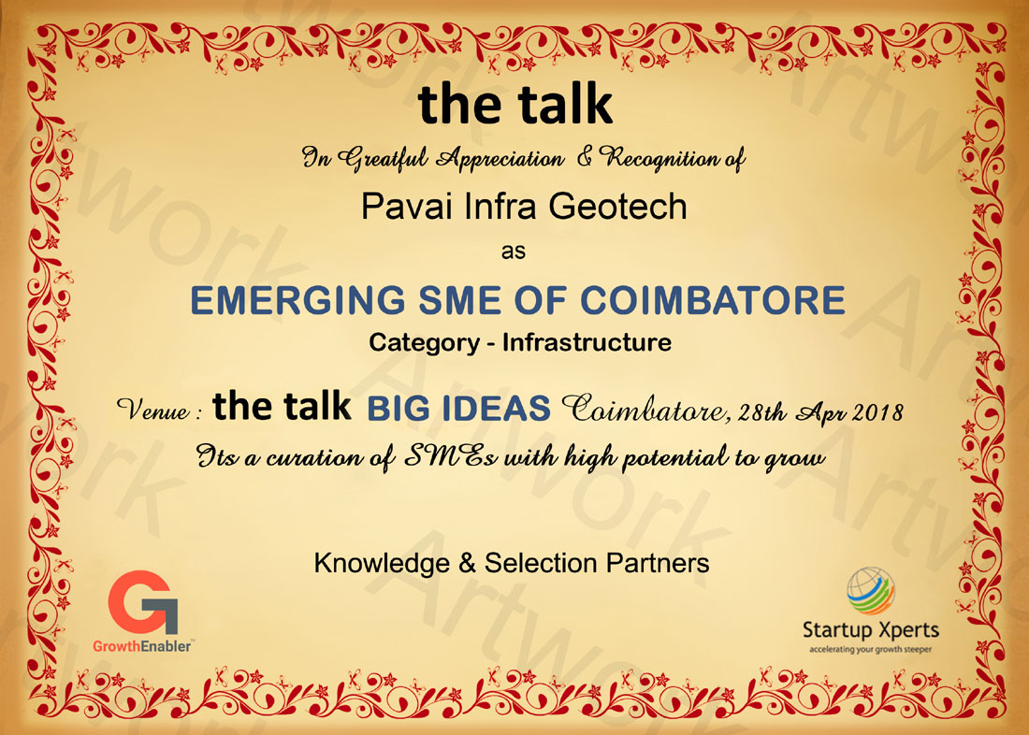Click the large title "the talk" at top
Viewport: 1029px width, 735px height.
515,105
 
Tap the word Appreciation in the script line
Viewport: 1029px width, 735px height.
500,159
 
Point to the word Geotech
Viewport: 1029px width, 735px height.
617,206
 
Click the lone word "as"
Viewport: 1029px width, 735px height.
514,252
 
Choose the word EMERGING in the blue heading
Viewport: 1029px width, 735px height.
297,300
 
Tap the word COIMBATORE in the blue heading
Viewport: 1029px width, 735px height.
713,300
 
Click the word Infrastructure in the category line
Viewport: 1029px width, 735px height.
587,342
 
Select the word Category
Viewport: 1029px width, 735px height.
424,343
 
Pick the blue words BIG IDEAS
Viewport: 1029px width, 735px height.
458,409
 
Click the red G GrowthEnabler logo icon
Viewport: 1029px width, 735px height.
143,602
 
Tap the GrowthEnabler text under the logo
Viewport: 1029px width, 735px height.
142,646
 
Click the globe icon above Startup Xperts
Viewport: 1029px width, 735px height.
870,591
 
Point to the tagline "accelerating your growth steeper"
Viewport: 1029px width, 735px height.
870,650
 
